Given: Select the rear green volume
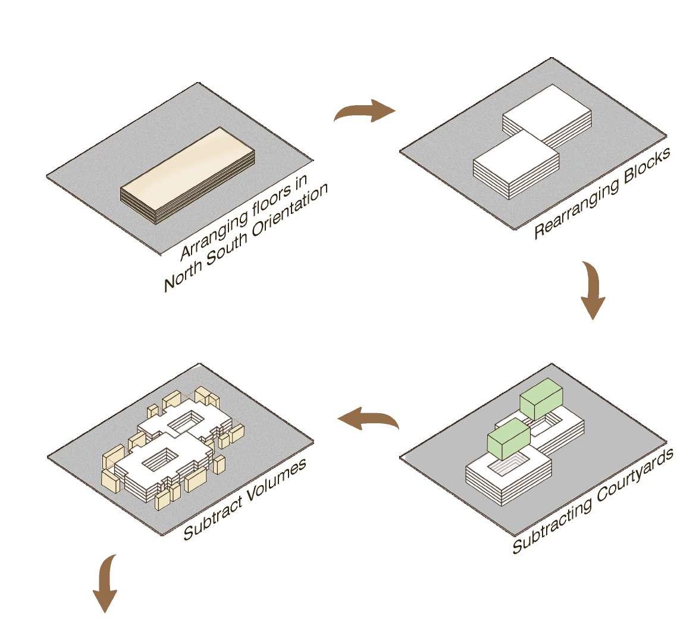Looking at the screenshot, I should point(541,399).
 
